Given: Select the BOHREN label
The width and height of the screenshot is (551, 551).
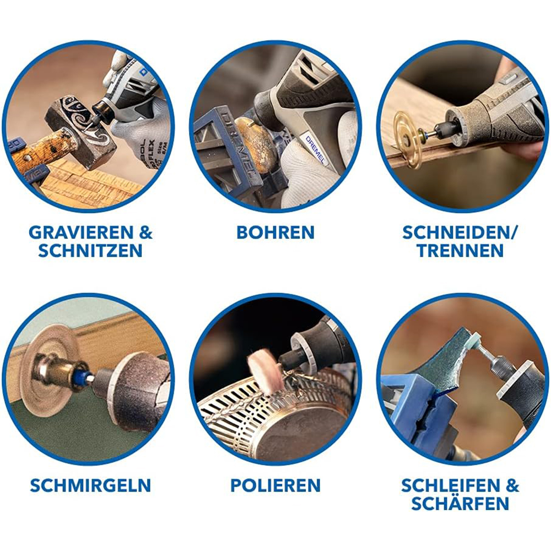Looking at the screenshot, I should (x=275, y=232).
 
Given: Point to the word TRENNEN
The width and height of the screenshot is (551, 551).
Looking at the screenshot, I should (x=460, y=251).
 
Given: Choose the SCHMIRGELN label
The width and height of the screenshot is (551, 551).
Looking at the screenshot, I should (x=90, y=485).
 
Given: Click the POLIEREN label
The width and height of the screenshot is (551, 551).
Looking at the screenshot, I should (x=275, y=485).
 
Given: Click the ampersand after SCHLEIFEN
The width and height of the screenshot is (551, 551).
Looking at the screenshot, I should (x=512, y=485).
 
